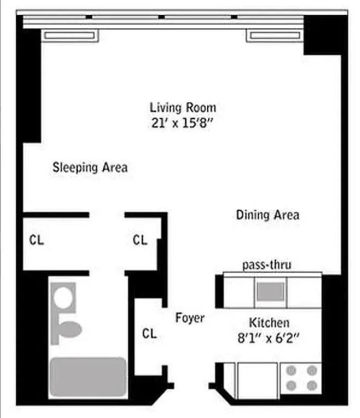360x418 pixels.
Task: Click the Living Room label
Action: coord(183,107)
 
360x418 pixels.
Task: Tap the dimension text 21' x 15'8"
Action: coord(183,123)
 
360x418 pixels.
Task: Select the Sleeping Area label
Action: coord(90,167)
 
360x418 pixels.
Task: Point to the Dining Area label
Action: coord(268,215)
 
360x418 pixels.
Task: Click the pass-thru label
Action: coord(266,265)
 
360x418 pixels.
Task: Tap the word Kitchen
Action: coord(269,322)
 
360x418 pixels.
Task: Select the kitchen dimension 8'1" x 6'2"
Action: coord(269,337)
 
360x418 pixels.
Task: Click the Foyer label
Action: coord(190,318)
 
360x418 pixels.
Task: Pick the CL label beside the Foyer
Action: coord(150,333)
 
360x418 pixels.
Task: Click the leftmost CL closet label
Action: coord(37,239)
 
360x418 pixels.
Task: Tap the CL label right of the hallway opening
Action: coord(140,239)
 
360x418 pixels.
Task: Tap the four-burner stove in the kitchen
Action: coord(301,378)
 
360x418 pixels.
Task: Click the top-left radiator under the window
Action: coord(70,36)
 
